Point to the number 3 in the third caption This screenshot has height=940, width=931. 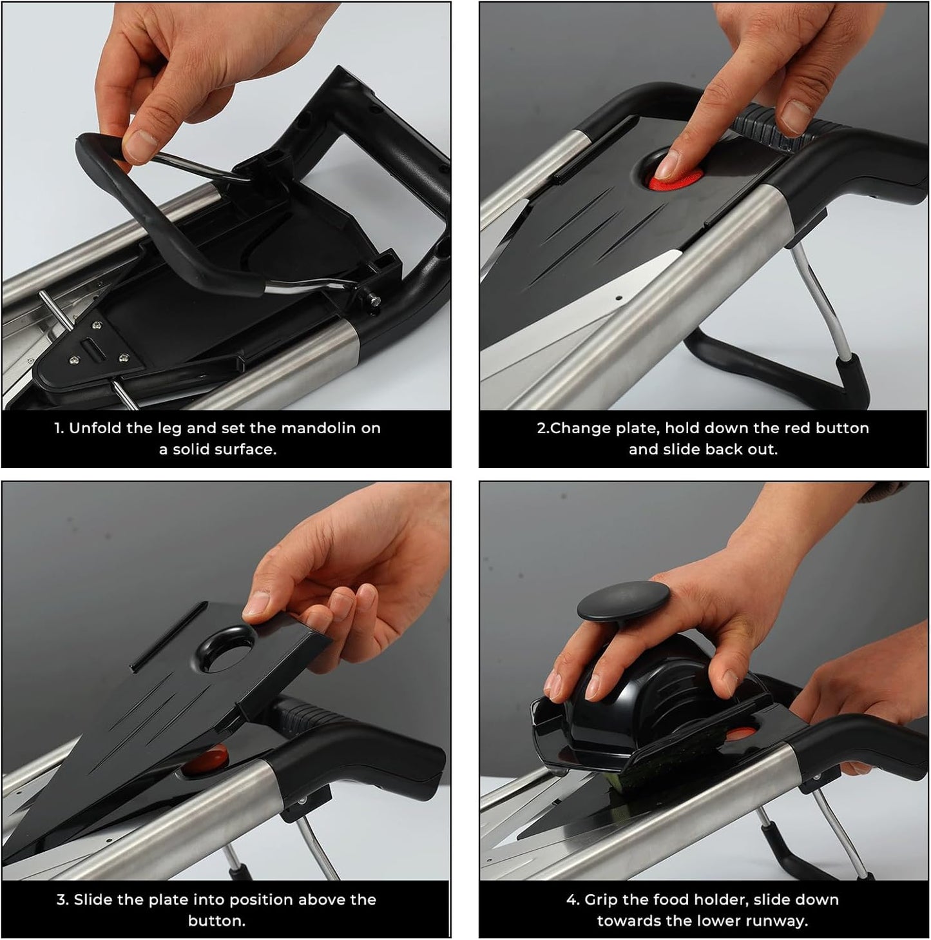point(60,900)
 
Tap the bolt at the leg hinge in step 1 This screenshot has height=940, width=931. point(372,297)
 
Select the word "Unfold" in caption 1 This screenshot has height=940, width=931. point(97,428)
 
